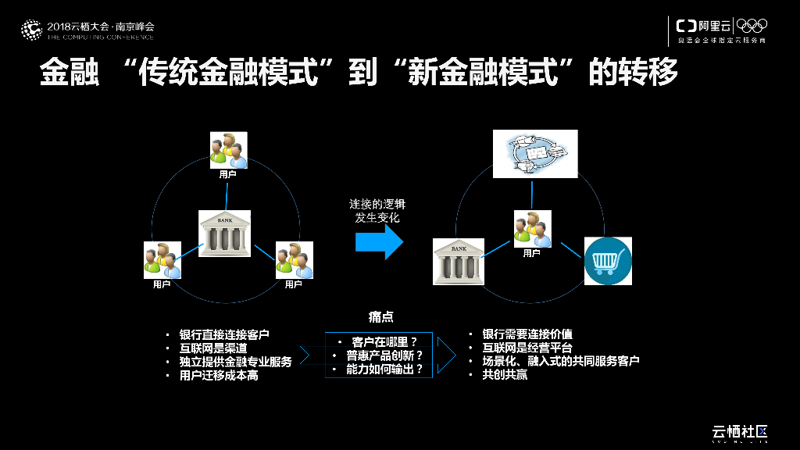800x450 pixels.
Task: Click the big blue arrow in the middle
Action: [x=379, y=242]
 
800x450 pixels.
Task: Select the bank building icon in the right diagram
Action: [x=458, y=260]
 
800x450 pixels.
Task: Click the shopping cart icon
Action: [x=608, y=261]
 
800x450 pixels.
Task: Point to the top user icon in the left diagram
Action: [x=228, y=150]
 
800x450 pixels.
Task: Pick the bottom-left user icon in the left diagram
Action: [x=162, y=260]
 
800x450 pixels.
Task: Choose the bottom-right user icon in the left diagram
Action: [x=294, y=260]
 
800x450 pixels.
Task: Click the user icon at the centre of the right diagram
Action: [x=532, y=229]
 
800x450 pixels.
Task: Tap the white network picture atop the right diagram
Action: [x=535, y=154]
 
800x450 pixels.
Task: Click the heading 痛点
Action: [x=380, y=317]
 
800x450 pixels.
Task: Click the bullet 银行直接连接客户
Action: [x=224, y=334]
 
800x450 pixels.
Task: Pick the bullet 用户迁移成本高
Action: [x=219, y=376]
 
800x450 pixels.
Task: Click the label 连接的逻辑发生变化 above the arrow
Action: [x=377, y=211]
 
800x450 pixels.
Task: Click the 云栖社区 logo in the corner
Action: [x=740, y=431]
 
